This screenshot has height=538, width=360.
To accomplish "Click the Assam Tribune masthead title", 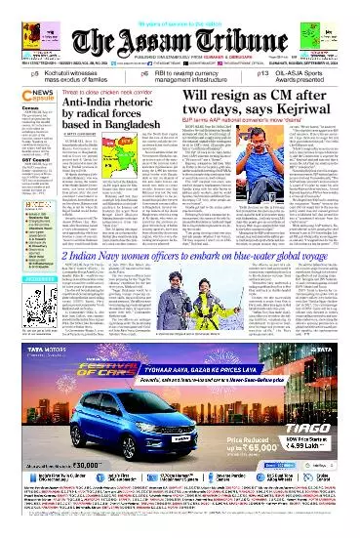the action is [180, 28].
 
